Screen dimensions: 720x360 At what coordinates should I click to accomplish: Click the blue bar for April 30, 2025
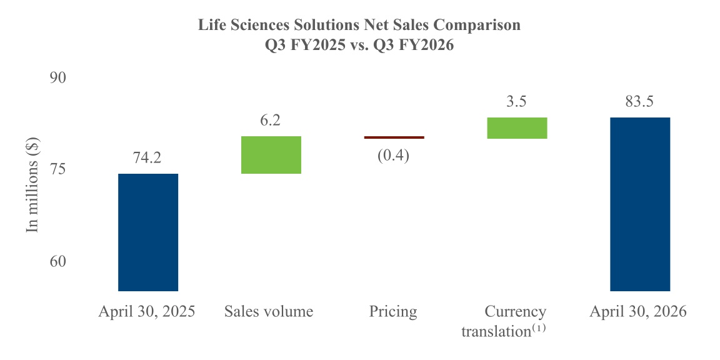pyautogui.click(x=148, y=232)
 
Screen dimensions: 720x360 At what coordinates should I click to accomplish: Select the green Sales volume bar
pyautogui.click(x=271, y=155)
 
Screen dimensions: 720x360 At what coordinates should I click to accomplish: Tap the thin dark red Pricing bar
pyautogui.click(x=394, y=137)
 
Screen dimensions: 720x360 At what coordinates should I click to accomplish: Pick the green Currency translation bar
pyautogui.click(x=517, y=128)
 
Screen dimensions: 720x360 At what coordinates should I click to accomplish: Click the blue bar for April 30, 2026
pyautogui.click(x=640, y=204)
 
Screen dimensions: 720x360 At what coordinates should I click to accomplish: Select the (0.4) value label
pyautogui.click(x=394, y=155)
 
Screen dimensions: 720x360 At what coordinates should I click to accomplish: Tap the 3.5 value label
pyautogui.click(x=517, y=101)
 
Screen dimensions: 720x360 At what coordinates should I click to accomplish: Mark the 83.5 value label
pyautogui.click(x=640, y=101)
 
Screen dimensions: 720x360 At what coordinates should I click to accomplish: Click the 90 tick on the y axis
pyautogui.click(x=58, y=77)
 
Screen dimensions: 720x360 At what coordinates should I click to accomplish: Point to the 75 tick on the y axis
pyautogui.click(x=58, y=169)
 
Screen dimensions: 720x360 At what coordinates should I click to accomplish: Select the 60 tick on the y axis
pyautogui.click(x=58, y=261)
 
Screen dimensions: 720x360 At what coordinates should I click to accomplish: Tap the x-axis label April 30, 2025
pyautogui.click(x=147, y=312)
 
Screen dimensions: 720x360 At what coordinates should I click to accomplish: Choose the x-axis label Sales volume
pyautogui.click(x=269, y=312)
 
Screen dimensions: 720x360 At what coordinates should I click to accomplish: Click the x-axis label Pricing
pyautogui.click(x=394, y=312)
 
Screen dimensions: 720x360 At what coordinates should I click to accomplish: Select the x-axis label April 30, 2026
pyautogui.click(x=639, y=312)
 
